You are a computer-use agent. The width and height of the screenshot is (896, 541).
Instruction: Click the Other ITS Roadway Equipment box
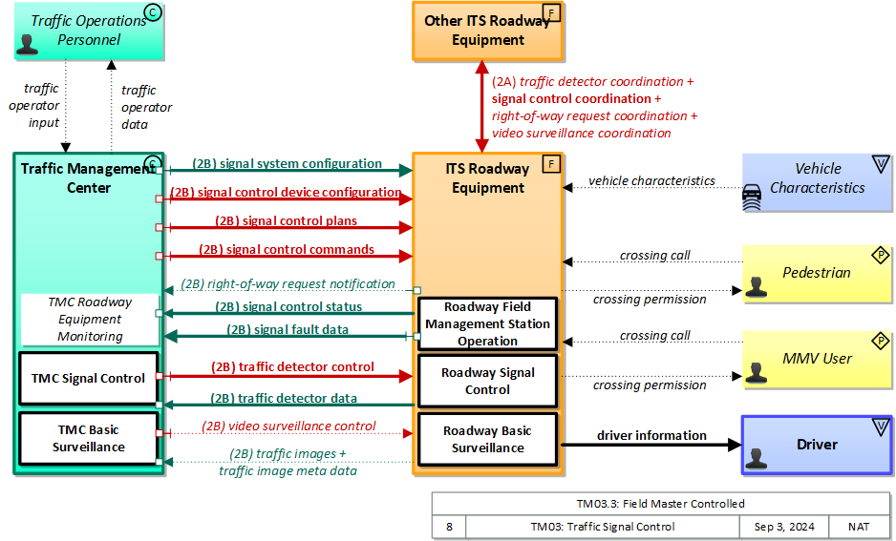488,31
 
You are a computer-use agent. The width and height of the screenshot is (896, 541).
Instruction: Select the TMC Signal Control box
88,379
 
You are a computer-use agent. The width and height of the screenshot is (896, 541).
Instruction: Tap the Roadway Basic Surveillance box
487,440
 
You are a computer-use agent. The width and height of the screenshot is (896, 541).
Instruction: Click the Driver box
817,445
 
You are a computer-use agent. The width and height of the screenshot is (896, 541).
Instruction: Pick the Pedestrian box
817,273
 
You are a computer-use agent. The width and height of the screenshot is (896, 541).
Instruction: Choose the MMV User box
817,359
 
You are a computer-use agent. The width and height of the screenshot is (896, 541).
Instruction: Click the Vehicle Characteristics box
817,178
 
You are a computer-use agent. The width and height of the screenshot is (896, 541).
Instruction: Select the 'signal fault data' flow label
287,329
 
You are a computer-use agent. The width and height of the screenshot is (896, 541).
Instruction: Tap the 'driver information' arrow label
651,435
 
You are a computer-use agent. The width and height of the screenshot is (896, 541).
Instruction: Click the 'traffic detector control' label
292,366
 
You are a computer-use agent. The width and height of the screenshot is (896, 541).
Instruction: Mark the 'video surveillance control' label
288,427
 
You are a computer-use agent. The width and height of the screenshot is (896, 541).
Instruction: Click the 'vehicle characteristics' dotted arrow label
651,180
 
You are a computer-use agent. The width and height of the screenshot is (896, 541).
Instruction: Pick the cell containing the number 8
448,527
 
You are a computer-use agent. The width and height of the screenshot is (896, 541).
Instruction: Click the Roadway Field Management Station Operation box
487,323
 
